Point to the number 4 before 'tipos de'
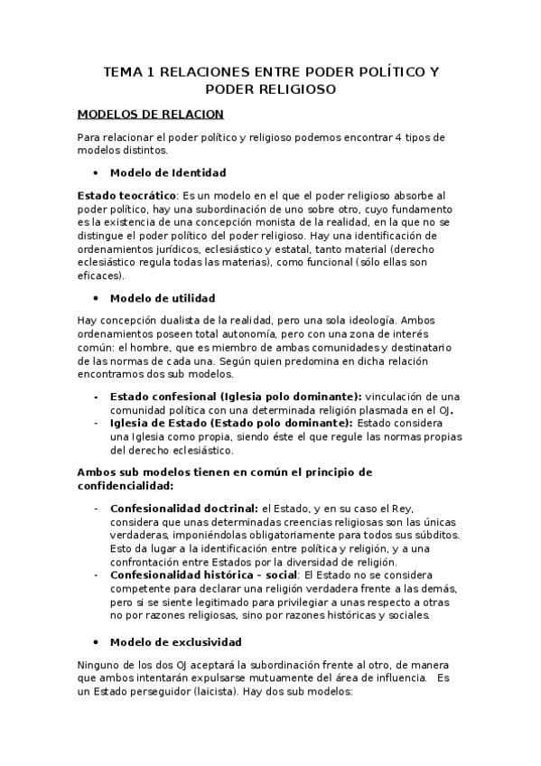[x=398, y=137]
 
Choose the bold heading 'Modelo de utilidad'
[x=162, y=298]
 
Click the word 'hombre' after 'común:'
[x=137, y=348]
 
